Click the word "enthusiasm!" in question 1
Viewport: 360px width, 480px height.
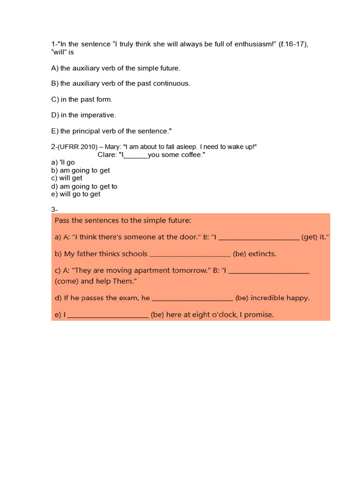tap(257, 44)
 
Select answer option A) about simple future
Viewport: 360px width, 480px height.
tap(115, 68)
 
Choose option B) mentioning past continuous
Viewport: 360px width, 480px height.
tap(120, 83)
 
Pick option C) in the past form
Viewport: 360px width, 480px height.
tap(82, 99)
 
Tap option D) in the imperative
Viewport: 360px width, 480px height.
tap(83, 115)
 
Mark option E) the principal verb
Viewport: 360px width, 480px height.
tap(112, 131)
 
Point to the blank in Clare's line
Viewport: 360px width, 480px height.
tap(135, 155)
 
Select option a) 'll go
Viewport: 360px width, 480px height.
tap(63, 163)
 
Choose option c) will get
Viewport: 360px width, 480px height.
tap(67, 178)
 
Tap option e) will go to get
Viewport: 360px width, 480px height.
tap(75, 194)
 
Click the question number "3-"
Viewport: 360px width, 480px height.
tap(54, 210)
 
